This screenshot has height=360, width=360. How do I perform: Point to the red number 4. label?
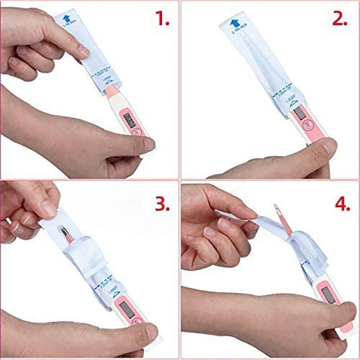342,204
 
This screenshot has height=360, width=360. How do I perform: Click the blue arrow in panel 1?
67,18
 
